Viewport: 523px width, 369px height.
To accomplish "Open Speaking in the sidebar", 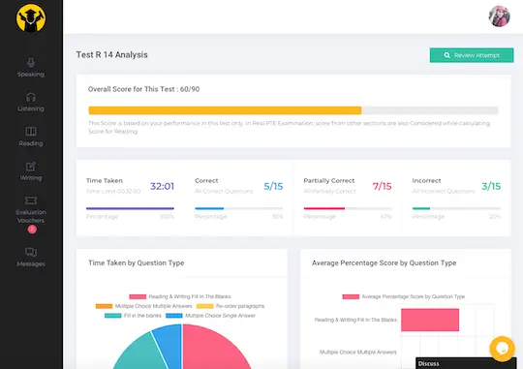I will (x=31, y=67).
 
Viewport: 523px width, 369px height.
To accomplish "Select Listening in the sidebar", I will (x=31, y=102).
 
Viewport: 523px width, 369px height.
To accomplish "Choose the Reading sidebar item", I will (x=31, y=137).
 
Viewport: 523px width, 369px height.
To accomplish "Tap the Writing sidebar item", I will (x=31, y=171).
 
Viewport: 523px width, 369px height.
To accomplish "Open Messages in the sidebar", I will (x=31, y=257).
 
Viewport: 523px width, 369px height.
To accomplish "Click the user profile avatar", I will (x=501, y=15).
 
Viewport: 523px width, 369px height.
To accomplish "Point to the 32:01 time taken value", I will (x=162, y=185).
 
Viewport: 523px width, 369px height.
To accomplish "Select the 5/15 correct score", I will (x=273, y=185).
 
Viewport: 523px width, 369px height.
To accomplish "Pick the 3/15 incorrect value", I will (x=491, y=185).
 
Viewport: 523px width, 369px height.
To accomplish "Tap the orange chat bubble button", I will (x=502, y=348).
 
